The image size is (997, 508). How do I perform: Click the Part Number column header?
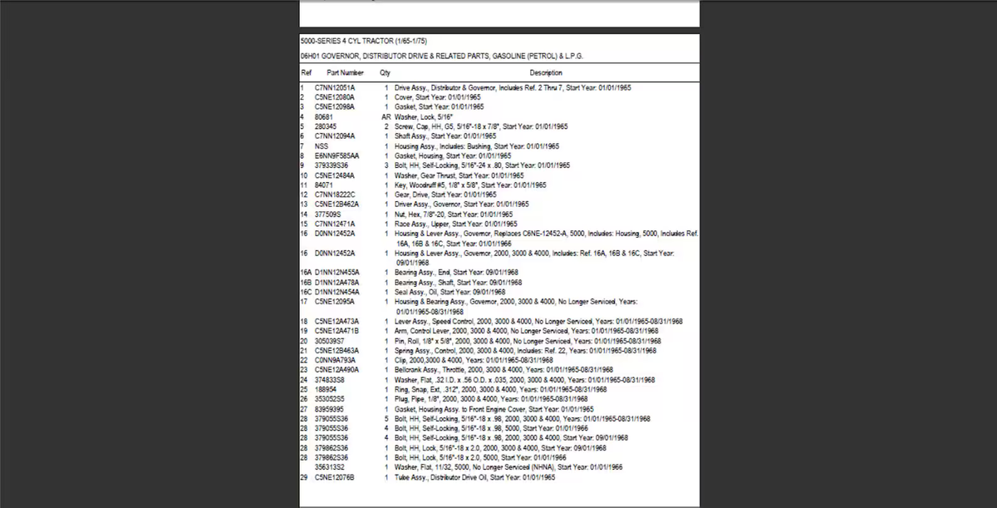[346, 73]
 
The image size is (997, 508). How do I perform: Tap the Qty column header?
[385, 73]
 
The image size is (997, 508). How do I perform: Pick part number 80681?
[324, 117]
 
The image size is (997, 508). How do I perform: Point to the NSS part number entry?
[322, 146]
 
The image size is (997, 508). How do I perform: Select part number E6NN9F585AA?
[337, 155]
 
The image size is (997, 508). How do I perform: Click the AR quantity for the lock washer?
[386, 117]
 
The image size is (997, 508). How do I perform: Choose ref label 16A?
[305, 272]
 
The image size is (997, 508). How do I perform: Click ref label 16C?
[305, 292]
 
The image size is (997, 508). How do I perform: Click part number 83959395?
[331, 409]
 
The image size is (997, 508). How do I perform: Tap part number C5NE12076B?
[335, 478]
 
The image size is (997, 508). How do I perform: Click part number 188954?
[326, 389]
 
